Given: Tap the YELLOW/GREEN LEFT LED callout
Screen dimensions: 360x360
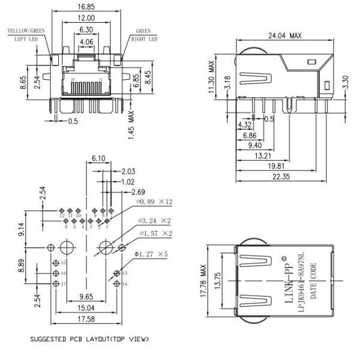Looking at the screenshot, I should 25,34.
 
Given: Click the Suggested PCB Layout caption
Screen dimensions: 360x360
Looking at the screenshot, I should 89,340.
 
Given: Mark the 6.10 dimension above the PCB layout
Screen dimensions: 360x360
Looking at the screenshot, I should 100,158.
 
